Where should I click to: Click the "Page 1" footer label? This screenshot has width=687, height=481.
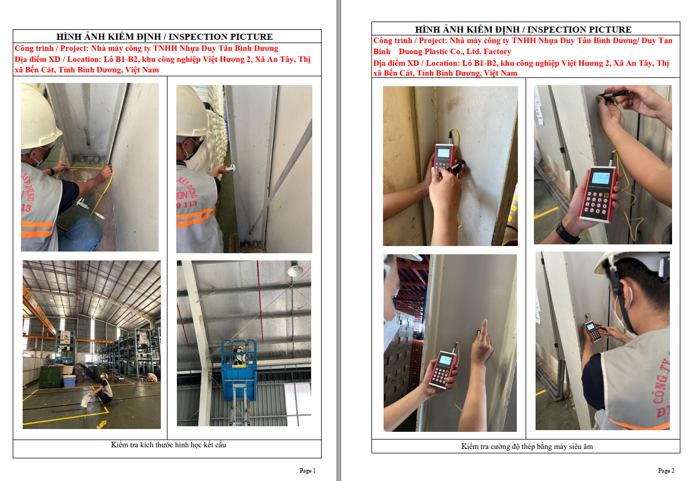(x=307, y=470)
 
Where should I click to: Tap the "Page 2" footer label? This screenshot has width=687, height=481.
(x=666, y=470)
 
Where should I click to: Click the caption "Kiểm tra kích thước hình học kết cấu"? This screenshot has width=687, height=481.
(x=169, y=445)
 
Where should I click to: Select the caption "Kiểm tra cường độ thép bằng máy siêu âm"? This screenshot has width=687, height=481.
(x=527, y=447)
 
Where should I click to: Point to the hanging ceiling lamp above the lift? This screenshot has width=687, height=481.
(x=295, y=269)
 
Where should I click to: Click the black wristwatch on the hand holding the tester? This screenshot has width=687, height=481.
(x=567, y=233)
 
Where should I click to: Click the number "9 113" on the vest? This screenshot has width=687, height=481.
(x=187, y=203)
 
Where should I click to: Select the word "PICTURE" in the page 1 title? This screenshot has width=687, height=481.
(x=251, y=37)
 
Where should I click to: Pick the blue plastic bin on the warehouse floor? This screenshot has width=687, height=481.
(x=69, y=381)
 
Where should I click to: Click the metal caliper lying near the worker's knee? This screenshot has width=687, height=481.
(x=91, y=208)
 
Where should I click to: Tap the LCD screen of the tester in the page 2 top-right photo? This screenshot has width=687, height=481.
(x=601, y=179)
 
